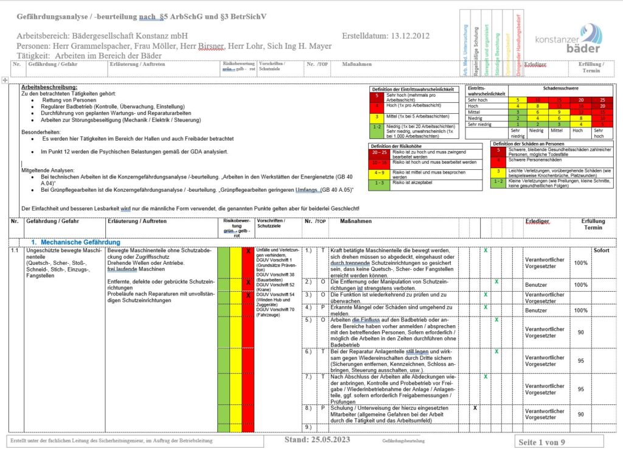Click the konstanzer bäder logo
point(568,39)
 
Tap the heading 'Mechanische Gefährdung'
point(76,242)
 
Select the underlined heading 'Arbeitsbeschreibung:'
point(49,87)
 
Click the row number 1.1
point(15,250)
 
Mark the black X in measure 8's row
point(475,407)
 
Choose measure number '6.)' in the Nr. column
point(308,352)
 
